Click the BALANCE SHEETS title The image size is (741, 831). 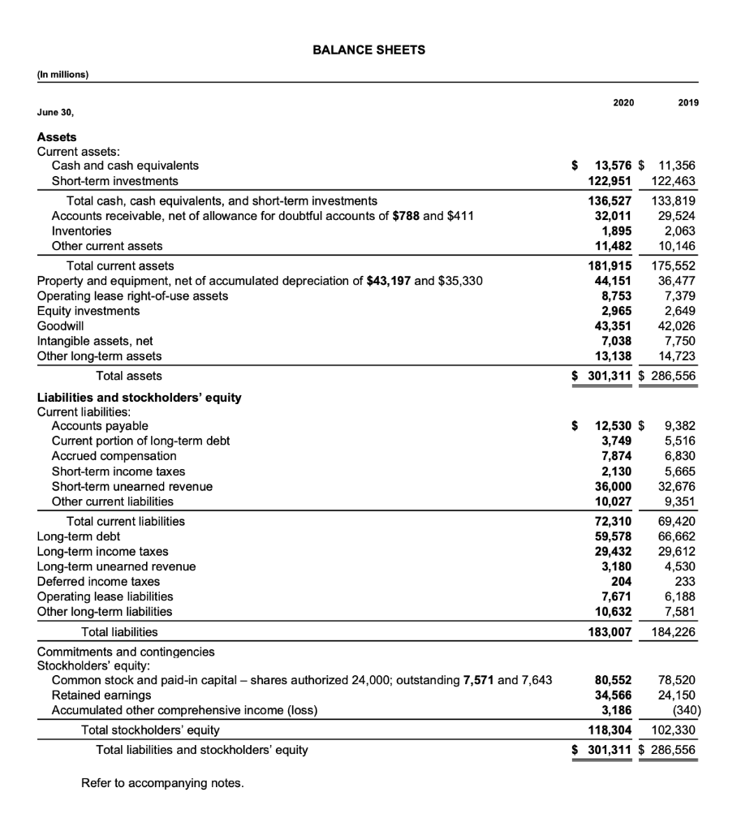pyautogui.click(x=369, y=50)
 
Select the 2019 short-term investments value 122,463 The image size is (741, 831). pyautogui.click(x=674, y=181)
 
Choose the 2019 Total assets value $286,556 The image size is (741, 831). pyautogui.click(x=674, y=375)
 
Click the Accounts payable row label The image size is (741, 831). pyautogui.click(x=100, y=425)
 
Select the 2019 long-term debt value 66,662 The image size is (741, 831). pyautogui.click(x=676, y=536)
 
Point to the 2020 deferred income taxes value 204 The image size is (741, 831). pyautogui.click(x=621, y=581)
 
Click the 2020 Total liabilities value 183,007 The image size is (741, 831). pyautogui.click(x=607, y=631)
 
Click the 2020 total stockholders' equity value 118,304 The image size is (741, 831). pyautogui.click(x=607, y=730)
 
